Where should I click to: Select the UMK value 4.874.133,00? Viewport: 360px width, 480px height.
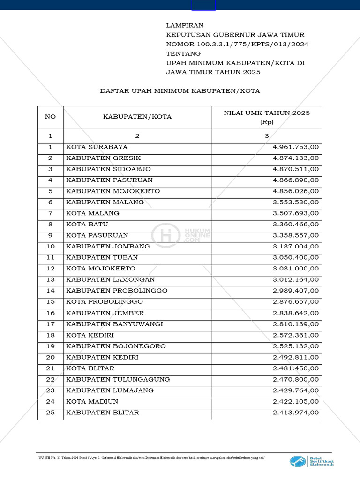coord(296,158)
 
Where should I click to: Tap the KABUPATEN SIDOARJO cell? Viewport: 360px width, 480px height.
coord(108,169)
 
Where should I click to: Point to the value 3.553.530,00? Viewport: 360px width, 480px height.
coord(296,202)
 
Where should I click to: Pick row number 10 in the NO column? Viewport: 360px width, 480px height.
coord(51,246)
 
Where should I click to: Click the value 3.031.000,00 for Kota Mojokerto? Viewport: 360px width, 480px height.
coord(296,269)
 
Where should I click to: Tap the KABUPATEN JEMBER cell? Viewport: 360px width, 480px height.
coord(105,313)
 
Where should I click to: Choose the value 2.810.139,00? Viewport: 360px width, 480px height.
coord(296,324)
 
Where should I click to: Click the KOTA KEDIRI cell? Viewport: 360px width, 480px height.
coord(90,335)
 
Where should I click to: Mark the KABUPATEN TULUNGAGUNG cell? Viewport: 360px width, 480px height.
coord(118,379)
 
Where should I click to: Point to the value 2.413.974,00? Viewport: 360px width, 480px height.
coord(296,412)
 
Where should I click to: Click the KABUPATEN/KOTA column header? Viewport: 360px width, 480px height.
coord(137,117)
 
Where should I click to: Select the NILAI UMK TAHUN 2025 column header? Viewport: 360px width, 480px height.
coord(267,117)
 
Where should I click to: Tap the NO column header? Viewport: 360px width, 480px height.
coord(50,117)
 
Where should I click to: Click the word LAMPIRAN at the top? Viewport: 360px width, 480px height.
coord(185,25)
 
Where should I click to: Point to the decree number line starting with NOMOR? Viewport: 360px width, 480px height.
coord(237,44)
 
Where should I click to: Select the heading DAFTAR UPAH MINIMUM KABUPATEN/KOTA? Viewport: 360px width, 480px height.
coord(180,90)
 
